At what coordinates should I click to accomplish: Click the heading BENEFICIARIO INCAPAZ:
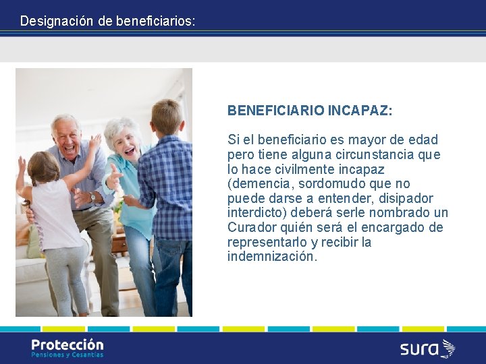310,111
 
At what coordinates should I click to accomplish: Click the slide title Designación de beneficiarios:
107,21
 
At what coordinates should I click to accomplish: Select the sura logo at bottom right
427,348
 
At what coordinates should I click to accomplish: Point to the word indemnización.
271,257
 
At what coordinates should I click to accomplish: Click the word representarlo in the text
267,242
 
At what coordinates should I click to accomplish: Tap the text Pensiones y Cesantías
67,355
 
